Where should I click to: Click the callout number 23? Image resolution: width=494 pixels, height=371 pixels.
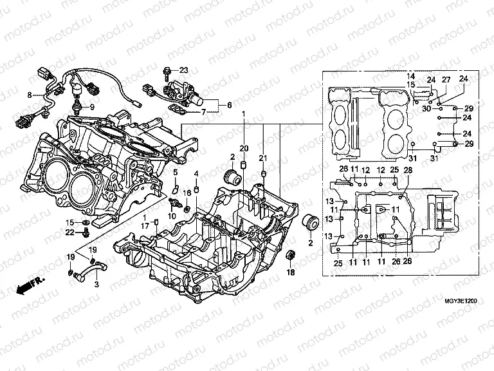point(183,70)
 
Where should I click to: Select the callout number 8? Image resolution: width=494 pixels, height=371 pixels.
point(29,95)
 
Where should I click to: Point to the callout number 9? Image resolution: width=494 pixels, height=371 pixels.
point(91,106)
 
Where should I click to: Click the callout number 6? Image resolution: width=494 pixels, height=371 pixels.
point(229,104)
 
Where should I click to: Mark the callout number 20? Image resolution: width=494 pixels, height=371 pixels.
point(244,149)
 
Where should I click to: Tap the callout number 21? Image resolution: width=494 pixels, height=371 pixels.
point(262,158)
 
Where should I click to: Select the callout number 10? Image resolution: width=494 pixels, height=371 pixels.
point(172,216)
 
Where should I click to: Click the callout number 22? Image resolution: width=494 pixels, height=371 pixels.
point(70,233)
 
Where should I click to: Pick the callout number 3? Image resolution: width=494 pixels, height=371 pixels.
point(96,284)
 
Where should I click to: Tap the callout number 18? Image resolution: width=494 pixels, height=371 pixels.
point(289,273)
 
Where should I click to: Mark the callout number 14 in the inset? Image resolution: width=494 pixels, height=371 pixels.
point(411,76)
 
